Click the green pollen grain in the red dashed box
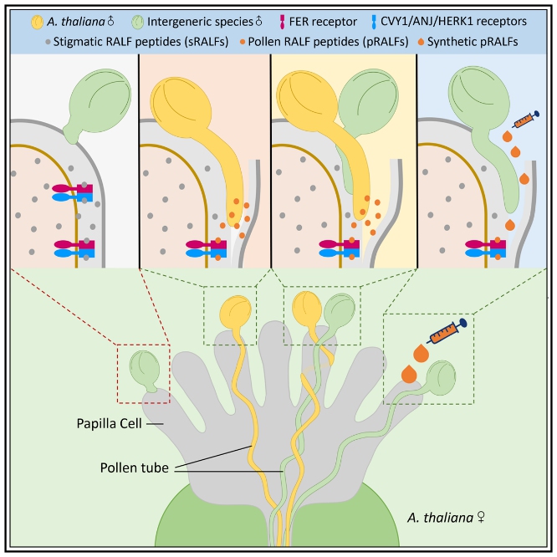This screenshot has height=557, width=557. [144, 367]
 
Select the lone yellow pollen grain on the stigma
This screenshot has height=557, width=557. [235, 312]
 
